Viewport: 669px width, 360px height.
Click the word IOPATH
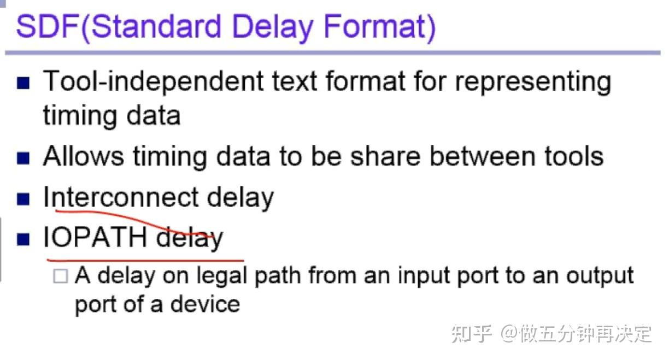click(95, 238)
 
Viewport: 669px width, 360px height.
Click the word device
click(212, 304)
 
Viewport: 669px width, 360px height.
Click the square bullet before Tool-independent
click(23, 83)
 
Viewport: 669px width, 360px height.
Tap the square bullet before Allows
click(23, 158)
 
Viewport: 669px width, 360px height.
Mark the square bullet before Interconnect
click(23, 199)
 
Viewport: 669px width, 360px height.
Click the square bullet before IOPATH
click(23, 239)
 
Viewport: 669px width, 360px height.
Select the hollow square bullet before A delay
click(60, 276)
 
